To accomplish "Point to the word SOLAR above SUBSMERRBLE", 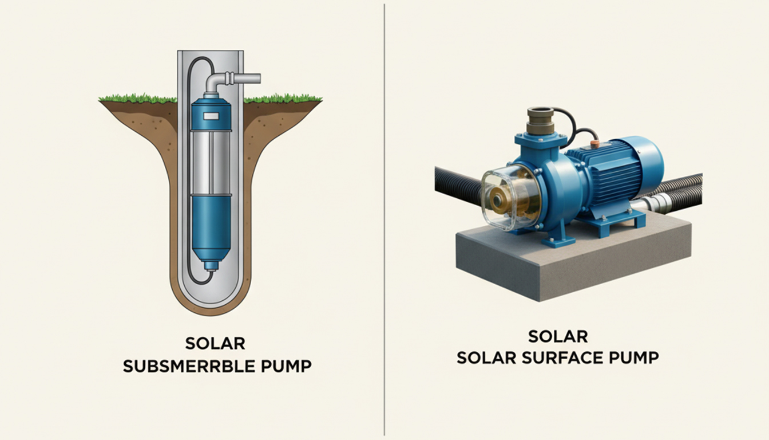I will tap(215, 343).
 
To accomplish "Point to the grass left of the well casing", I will tap(138, 99).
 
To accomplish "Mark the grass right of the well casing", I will tap(283, 99).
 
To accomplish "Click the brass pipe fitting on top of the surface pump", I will tap(539, 121).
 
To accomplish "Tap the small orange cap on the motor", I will tap(595, 144).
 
